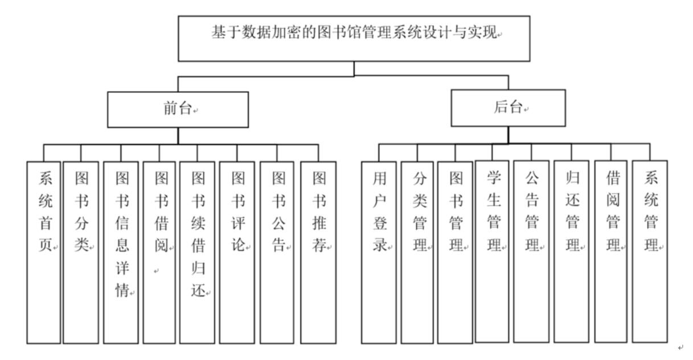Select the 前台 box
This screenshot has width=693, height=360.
[x=178, y=110]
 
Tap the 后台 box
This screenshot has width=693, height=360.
[x=508, y=108]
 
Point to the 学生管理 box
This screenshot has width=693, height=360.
[x=492, y=251]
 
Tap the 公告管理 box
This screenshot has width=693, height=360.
[x=532, y=251]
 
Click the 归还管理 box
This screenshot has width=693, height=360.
[x=571, y=251]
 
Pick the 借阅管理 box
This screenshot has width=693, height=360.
[x=611, y=251]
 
